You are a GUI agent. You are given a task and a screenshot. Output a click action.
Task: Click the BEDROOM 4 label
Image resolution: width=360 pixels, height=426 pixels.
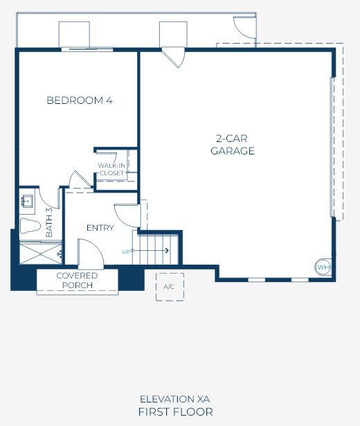click(x=80, y=100)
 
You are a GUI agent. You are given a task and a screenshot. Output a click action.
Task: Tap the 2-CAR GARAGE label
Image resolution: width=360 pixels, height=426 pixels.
click(x=233, y=145)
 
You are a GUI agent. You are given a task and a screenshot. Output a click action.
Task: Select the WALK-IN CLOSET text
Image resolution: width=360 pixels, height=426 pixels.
click(x=111, y=169)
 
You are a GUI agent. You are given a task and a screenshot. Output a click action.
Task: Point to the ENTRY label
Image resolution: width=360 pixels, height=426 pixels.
click(x=100, y=228)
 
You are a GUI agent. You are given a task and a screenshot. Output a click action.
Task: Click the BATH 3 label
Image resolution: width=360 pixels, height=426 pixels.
click(x=49, y=222)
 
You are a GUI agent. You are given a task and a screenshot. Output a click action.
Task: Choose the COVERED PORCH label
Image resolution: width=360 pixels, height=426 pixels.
click(x=77, y=281)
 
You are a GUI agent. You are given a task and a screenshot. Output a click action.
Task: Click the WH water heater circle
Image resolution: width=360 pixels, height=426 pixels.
click(x=323, y=267)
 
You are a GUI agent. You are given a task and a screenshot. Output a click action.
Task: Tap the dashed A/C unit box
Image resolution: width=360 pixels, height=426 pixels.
click(x=170, y=287)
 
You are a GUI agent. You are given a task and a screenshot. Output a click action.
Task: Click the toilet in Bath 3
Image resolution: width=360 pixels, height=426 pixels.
click(x=30, y=226)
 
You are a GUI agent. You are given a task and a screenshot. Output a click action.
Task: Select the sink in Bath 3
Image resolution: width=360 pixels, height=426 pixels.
click(x=28, y=202)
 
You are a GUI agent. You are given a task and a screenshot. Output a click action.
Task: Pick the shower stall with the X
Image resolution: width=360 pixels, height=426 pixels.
click(x=41, y=254)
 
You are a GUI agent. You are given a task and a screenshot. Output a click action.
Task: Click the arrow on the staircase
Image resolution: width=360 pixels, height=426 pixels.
click(x=150, y=250)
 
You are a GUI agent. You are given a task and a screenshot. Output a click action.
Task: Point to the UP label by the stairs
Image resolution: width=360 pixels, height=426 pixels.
click(x=126, y=252)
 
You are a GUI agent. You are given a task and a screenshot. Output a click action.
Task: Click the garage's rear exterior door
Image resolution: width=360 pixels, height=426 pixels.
click(x=173, y=57)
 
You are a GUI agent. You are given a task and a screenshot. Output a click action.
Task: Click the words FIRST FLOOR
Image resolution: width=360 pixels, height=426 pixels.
click(x=175, y=412)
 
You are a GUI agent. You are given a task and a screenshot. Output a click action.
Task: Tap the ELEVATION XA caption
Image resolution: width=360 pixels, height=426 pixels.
click(x=175, y=399)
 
